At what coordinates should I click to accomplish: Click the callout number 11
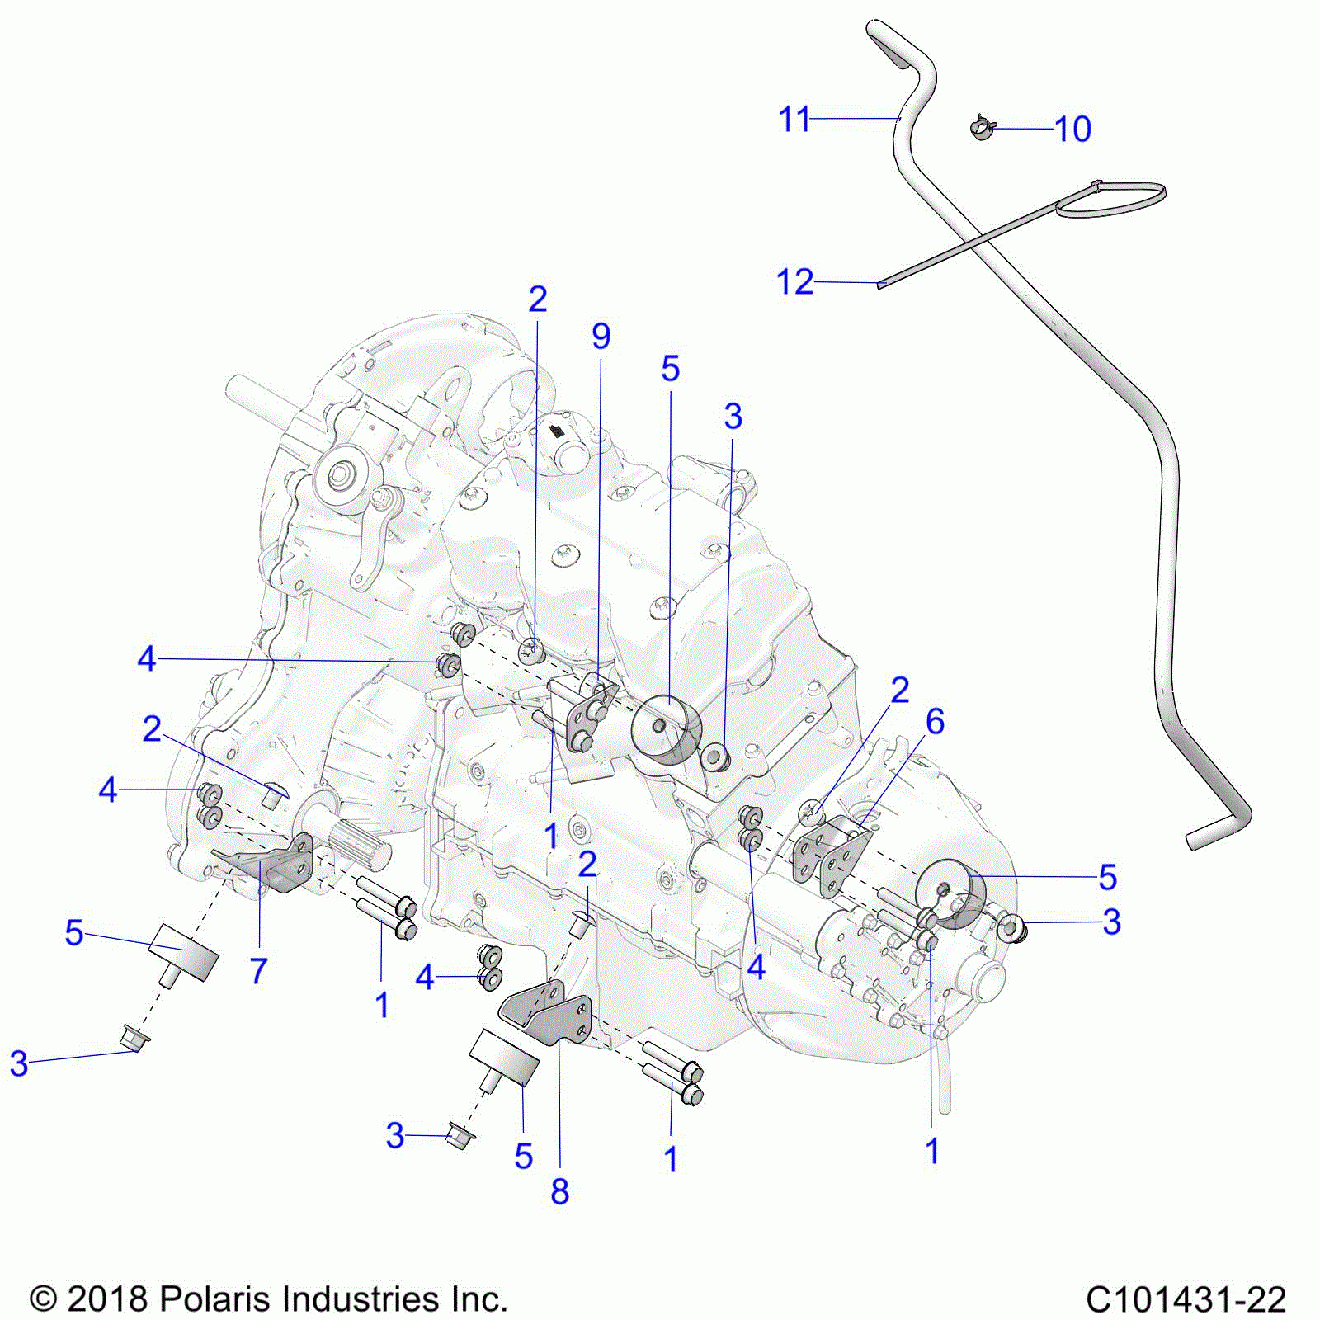coord(794,120)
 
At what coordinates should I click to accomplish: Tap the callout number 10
coord(1072,130)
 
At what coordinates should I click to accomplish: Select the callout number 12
coord(794,282)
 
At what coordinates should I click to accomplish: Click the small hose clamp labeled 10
coord(981,128)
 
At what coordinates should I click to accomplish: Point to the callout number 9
coord(601,337)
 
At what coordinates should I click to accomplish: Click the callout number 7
coord(258,971)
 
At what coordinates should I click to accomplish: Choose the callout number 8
coord(559,1191)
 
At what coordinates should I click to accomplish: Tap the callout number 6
coord(935,722)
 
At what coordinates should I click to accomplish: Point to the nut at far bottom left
coord(133,1039)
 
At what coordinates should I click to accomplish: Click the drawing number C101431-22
coord(1186,1299)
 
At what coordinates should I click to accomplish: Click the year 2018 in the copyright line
coord(106,1299)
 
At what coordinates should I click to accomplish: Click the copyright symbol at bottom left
coord(43,1300)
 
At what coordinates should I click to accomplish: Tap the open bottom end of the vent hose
coord(1194,841)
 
